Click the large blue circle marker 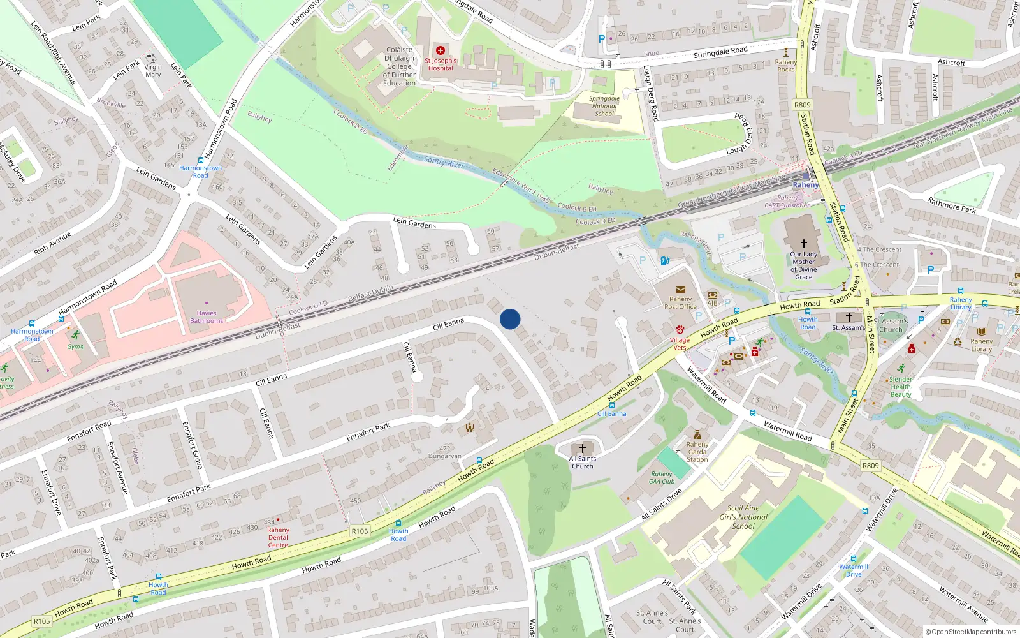pyautogui.click(x=510, y=319)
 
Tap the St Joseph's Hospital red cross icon pyautogui.click(x=440, y=50)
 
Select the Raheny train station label pyautogui.click(x=805, y=185)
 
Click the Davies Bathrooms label pyautogui.click(x=207, y=317)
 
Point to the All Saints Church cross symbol pyautogui.click(x=582, y=449)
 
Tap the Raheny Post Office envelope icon pyautogui.click(x=680, y=290)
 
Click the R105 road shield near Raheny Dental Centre pyautogui.click(x=360, y=531)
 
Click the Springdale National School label pyautogui.click(x=604, y=106)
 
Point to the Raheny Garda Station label pyautogui.click(x=697, y=452)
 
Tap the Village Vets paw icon pyautogui.click(x=680, y=330)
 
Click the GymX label pyautogui.click(x=75, y=346)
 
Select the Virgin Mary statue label pyautogui.click(x=153, y=71)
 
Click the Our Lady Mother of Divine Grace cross pyautogui.click(x=803, y=244)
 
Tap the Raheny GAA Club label pyautogui.click(x=662, y=477)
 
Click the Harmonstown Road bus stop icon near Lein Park pyautogui.click(x=201, y=161)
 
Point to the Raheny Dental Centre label pyautogui.click(x=278, y=537)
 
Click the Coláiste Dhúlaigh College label pyautogui.click(x=399, y=66)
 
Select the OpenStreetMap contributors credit pyautogui.click(x=970, y=632)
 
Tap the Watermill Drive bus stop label pyautogui.click(x=854, y=570)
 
